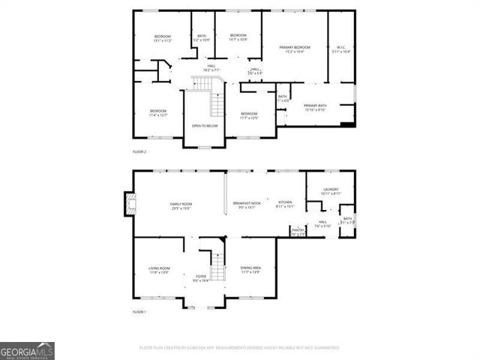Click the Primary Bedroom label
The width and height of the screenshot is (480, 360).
pos(294,48)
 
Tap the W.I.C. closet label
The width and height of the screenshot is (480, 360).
pos(340,48)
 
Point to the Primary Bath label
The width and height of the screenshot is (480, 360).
pos(315,106)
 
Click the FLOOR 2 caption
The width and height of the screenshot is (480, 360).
pos(139,151)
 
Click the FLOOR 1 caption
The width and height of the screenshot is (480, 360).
pos(139,311)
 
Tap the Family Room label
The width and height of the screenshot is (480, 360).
pos(181,205)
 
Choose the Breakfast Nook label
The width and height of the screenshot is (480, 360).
pos(246,205)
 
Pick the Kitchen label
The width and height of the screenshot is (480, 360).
pos(285,203)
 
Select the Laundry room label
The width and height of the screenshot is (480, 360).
pos(331,190)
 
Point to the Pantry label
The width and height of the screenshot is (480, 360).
pos(298,230)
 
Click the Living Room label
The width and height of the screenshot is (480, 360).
pos(159,269)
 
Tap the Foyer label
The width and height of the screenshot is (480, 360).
pos(200,277)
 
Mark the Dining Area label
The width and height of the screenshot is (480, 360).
pos(250,269)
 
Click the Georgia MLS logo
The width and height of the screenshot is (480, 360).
pos(27,351)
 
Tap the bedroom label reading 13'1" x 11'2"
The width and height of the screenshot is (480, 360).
pos(163,38)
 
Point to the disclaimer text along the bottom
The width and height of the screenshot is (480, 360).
pos(240,348)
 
